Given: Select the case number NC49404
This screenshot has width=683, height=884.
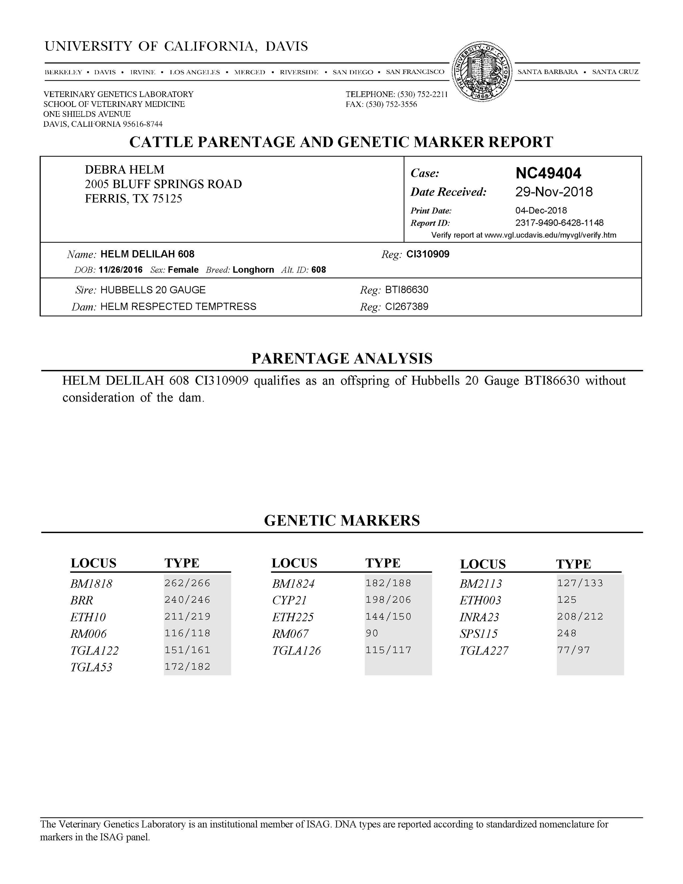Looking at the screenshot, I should (x=548, y=173).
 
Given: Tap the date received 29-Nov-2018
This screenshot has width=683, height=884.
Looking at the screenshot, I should (x=554, y=192).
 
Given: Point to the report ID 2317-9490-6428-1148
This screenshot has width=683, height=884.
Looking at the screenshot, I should (x=559, y=223).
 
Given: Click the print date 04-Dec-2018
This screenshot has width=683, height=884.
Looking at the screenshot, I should (x=541, y=210).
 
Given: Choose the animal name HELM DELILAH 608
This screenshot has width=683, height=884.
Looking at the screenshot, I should (x=147, y=254).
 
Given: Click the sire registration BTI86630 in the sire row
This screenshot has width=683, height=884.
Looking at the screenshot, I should (x=406, y=290).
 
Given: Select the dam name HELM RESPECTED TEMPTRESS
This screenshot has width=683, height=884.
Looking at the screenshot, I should (x=178, y=307).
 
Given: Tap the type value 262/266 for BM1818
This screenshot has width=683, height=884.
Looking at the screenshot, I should (x=187, y=583).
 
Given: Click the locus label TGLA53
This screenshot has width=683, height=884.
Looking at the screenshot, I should (x=91, y=668).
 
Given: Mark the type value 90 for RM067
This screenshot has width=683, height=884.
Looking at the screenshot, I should (x=372, y=633).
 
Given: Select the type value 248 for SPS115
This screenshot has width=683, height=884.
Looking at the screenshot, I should (x=567, y=633).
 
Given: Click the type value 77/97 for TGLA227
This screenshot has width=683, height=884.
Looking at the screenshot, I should (x=573, y=650).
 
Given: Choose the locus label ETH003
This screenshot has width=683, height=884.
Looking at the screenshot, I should (x=480, y=600).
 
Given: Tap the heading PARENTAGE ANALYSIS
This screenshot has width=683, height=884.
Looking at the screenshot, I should (x=342, y=359).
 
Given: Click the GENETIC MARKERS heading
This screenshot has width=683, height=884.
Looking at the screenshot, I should (x=342, y=520).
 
